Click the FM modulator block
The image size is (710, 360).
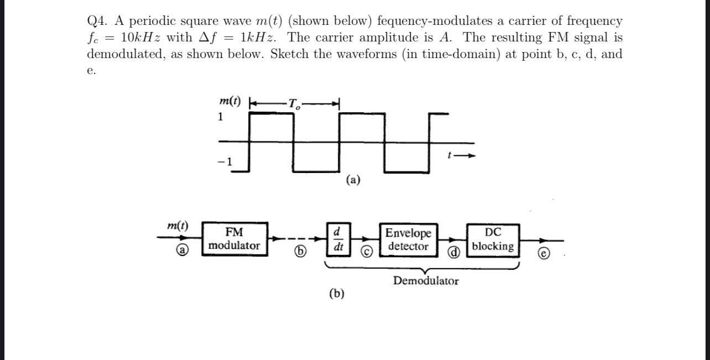tap(234, 239)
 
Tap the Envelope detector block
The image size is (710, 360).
tap(408, 239)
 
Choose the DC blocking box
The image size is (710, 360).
tap(493, 239)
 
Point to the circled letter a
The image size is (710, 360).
tap(180, 250)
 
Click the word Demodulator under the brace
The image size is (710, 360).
tap(426, 281)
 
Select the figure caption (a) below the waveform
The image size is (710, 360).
tap(353, 179)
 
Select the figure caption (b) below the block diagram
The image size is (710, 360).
tap(336, 294)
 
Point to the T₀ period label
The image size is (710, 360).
tap(293, 103)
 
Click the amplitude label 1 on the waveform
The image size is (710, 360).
tap(221, 117)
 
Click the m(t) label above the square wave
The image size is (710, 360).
tap(230, 101)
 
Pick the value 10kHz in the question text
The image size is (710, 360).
tap(141, 38)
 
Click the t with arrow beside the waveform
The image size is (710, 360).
tap(460, 155)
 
